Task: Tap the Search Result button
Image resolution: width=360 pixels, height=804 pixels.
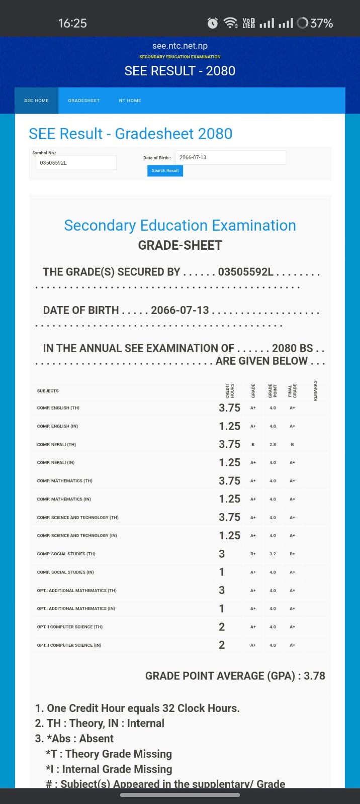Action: (x=165, y=171)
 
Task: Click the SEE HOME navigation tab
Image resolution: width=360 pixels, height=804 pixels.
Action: (x=36, y=100)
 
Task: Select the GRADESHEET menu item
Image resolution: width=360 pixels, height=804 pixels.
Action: (x=84, y=100)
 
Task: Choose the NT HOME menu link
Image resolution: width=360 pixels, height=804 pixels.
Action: (x=130, y=100)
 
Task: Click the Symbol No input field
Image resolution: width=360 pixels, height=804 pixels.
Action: (x=75, y=163)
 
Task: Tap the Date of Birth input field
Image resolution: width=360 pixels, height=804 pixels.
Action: (x=230, y=157)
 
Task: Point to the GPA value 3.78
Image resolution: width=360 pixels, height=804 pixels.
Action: (x=314, y=676)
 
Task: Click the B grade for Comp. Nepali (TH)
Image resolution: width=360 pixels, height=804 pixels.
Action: (x=253, y=445)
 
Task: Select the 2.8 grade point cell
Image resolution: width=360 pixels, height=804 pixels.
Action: (x=273, y=445)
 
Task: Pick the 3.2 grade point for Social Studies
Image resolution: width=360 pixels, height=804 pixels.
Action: (x=273, y=554)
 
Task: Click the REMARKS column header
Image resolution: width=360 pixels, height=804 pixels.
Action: (x=315, y=390)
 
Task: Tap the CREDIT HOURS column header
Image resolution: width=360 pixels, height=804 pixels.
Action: (x=230, y=390)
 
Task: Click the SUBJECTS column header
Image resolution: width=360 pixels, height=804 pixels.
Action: (x=48, y=391)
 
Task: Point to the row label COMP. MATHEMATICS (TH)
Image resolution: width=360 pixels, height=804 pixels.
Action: (x=64, y=481)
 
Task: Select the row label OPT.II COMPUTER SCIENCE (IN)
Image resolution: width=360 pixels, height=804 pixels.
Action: (x=69, y=645)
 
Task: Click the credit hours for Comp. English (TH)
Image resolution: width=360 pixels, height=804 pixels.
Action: (x=229, y=408)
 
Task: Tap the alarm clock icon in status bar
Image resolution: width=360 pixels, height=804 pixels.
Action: (x=213, y=23)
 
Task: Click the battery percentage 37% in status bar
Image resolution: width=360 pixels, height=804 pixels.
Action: (x=321, y=23)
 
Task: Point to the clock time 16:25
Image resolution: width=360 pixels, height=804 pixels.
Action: (x=72, y=23)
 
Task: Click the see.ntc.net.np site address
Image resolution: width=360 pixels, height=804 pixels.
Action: (x=180, y=46)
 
